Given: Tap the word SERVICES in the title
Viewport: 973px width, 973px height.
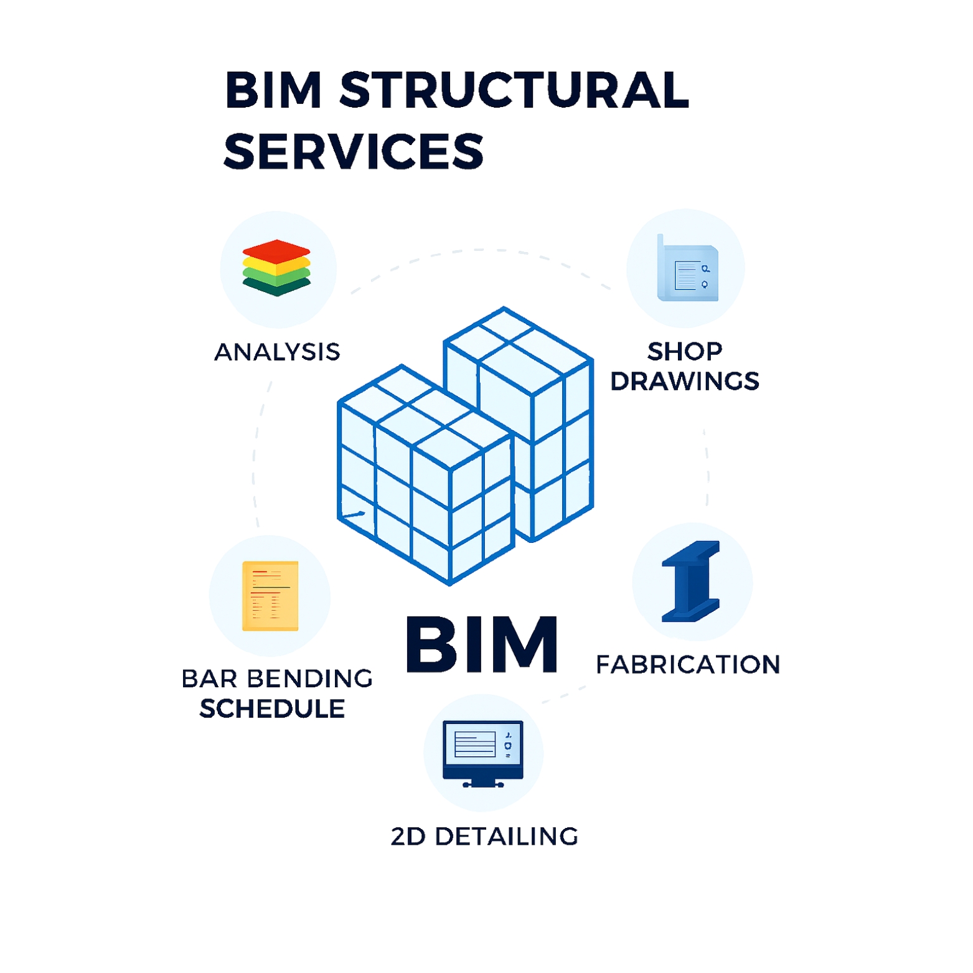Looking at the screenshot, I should (x=354, y=151).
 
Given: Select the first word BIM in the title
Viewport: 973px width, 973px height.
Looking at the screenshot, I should (x=273, y=90).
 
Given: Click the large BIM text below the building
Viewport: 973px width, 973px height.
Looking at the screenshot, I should (x=481, y=645).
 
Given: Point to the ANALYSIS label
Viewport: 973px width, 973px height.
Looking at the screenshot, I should (x=277, y=352).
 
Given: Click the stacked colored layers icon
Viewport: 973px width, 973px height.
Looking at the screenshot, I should (x=276, y=268).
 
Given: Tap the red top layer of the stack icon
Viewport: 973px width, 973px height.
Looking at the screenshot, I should (x=276, y=250).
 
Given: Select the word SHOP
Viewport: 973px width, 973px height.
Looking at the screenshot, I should (x=685, y=352).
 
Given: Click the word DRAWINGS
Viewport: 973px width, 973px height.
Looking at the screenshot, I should (x=685, y=381).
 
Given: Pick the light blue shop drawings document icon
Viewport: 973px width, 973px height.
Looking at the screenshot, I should (x=688, y=270).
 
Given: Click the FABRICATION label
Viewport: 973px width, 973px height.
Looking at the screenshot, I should (x=688, y=665).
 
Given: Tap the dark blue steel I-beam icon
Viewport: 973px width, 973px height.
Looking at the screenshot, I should (x=690, y=581).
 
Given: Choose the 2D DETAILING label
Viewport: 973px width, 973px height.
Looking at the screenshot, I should (x=484, y=837).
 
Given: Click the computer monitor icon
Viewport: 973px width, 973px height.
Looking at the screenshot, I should (x=482, y=750).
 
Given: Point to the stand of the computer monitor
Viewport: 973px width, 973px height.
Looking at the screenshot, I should (x=483, y=783).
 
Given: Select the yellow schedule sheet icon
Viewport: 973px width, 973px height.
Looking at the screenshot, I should (x=270, y=596).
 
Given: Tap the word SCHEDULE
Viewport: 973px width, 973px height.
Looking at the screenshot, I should (x=272, y=709).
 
